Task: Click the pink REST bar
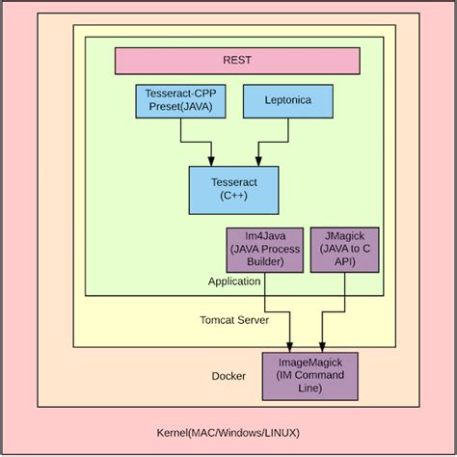(237, 60)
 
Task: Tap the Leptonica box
(287, 101)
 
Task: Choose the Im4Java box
(264, 250)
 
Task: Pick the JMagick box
(344, 250)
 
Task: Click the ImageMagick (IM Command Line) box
(309, 375)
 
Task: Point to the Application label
(234, 282)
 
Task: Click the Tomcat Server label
(233, 319)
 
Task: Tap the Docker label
(228, 376)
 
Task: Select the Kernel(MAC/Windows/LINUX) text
(228, 431)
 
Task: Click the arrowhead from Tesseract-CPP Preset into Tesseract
(210, 160)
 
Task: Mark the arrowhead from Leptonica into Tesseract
(257, 160)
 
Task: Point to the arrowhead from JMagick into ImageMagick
(321, 346)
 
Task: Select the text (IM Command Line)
(309, 382)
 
